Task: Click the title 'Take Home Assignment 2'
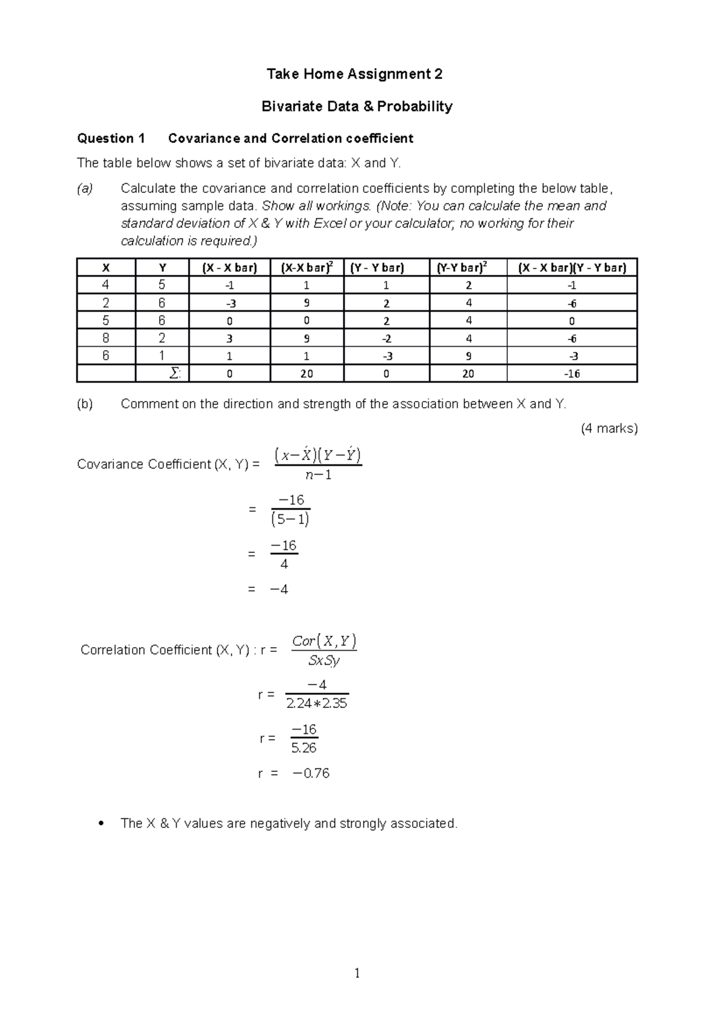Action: click(x=354, y=74)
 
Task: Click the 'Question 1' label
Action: click(x=111, y=139)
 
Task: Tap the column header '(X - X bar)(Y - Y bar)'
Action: click(x=572, y=268)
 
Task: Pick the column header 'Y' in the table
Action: click(x=162, y=268)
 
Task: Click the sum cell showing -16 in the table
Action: click(x=572, y=374)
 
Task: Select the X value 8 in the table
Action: click(x=106, y=338)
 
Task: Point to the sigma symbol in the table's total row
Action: click(x=175, y=374)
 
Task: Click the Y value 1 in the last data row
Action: click(x=162, y=356)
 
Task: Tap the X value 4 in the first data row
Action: click(x=106, y=285)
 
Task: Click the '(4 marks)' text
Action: click(x=609, y=429)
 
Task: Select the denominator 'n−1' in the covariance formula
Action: click(x=318, y=475)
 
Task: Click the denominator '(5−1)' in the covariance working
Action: click(x=290, y=519)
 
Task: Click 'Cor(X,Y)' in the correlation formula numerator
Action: click(x=324, y=640)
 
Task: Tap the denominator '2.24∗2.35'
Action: click(x=317, y=703)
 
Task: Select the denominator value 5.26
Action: click(x=304, y=748)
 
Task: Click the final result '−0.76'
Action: click(x=311, y=774)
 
